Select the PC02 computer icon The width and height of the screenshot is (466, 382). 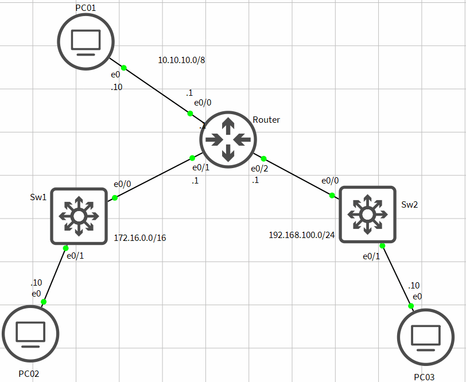30,333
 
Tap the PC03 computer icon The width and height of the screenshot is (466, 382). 426,337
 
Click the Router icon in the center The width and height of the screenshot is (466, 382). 228,139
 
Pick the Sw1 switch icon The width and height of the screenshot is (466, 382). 79,216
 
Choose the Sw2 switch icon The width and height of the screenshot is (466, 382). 367,215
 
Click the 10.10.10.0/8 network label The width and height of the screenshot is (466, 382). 181,60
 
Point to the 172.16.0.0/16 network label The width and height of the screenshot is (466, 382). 140,237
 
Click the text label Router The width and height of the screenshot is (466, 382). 266,120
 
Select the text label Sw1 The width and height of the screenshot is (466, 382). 38,197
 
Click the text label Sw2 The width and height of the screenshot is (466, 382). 409,204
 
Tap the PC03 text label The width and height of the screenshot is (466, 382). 424,377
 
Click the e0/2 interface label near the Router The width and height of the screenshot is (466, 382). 259,169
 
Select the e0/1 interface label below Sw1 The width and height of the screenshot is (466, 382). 75,256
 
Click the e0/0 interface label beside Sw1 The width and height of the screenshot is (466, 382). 122,184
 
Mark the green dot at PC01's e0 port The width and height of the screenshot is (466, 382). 123,68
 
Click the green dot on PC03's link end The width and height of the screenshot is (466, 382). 411,306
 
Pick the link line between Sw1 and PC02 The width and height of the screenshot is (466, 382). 55,275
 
